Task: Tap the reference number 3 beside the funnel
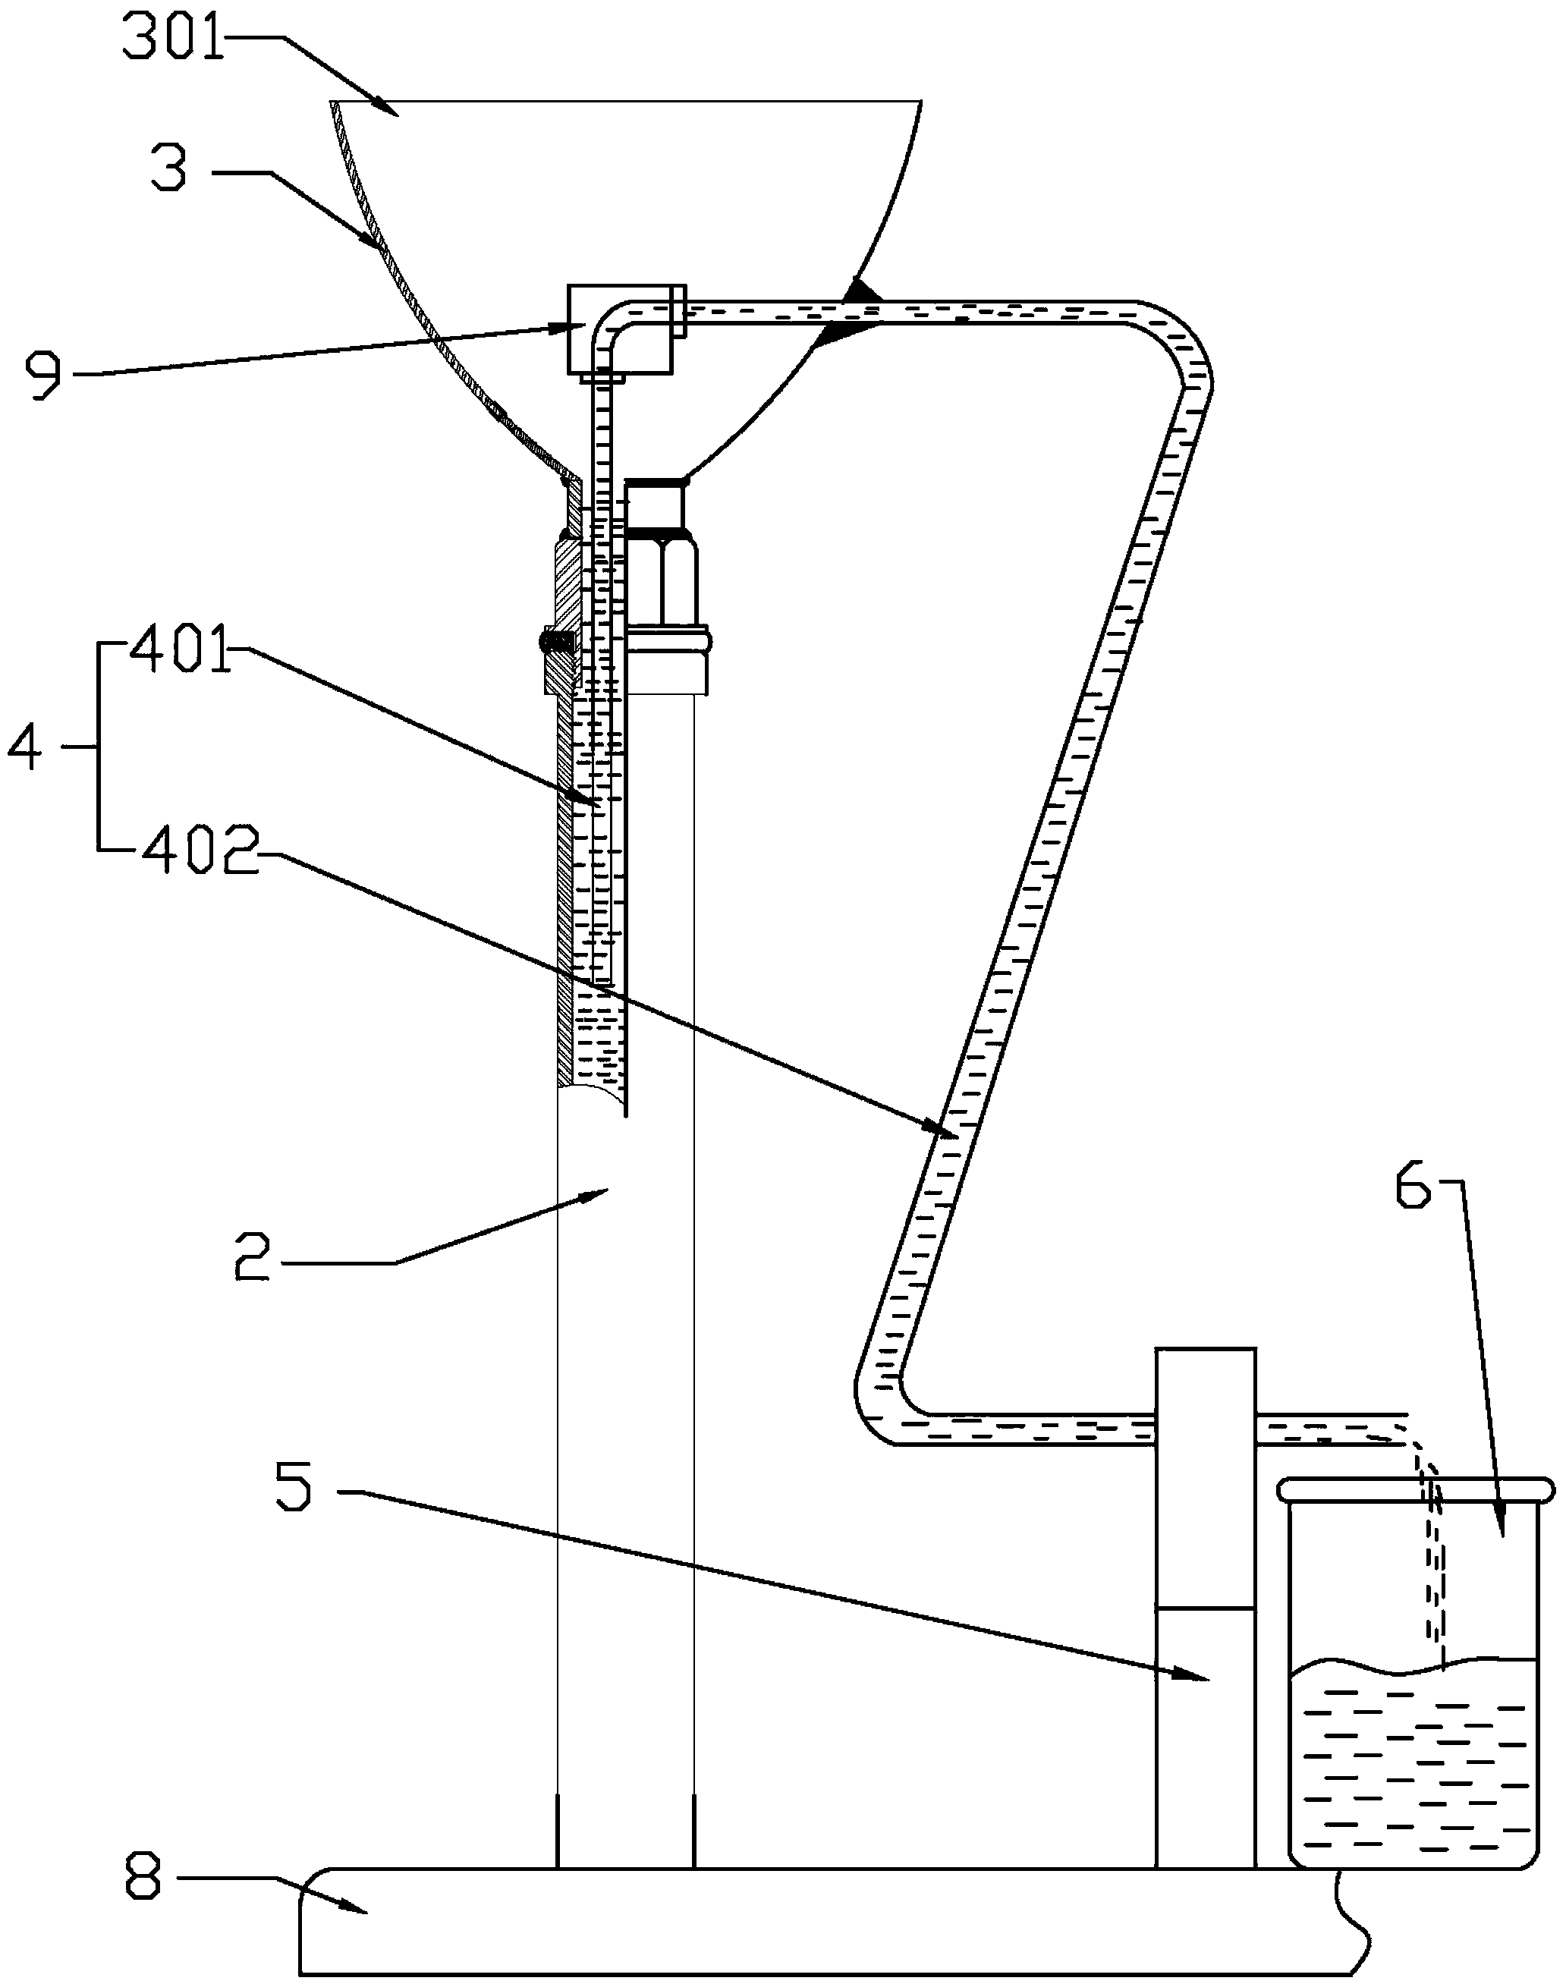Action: pyautogui.click(x=168, y=171)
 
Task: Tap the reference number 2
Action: pyautogui.click(x=251, y=1261)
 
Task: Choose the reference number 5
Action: pyautogui.click(x=294, y=1487)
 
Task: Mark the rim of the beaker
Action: pyautogui.click(x=1417, y=1490)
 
